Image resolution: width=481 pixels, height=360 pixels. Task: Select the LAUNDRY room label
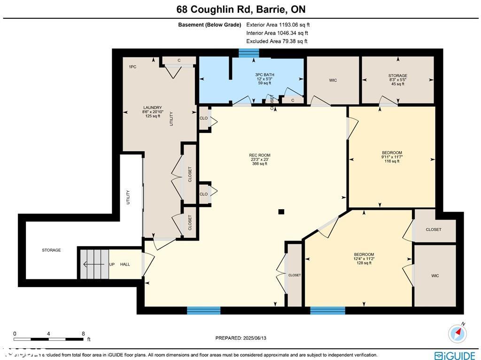152,111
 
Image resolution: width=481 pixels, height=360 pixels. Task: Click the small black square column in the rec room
281,212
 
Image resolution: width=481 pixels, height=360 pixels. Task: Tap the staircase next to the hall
94,264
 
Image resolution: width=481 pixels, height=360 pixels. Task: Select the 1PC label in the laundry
132,67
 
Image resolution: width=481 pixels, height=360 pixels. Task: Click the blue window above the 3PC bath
245,53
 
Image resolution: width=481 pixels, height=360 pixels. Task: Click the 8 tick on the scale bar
83,334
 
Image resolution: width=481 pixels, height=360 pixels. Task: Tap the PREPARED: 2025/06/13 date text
244,338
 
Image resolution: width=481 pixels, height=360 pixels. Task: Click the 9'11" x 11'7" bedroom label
391,157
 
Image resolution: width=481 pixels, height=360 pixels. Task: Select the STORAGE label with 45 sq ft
397,79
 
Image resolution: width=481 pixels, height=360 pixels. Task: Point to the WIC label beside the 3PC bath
333,80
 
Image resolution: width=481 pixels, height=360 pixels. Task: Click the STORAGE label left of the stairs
51,250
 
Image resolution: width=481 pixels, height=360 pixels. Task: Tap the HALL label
125,265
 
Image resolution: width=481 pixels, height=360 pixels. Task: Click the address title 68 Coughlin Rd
240,9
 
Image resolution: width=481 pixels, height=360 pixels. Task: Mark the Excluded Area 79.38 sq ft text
277,41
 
